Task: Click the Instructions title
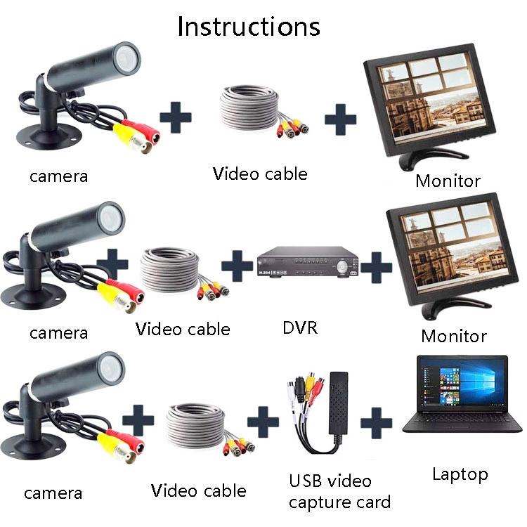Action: pos(248,26)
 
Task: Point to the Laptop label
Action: pos(460,474)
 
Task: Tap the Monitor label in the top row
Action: pos(448,181)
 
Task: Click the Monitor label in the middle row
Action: pos(453,336)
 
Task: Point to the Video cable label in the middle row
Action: pos(183,328)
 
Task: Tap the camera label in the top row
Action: pos(58,175)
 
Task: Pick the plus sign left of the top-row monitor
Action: pos(340,117)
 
